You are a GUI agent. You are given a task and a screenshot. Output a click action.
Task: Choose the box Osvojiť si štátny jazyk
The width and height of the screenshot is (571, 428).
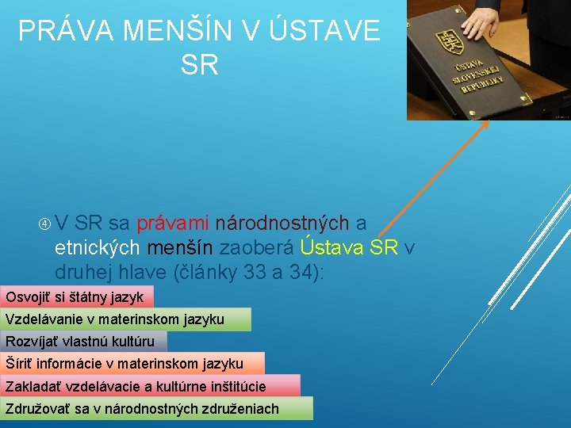tap(76, 297)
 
